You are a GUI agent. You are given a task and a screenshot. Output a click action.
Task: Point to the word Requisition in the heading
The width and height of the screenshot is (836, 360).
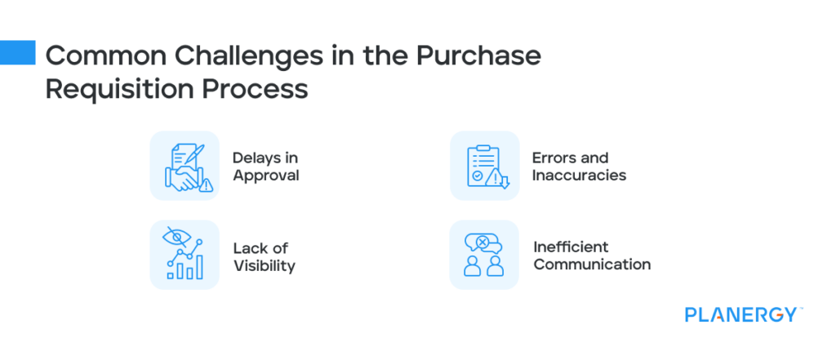point(123,89)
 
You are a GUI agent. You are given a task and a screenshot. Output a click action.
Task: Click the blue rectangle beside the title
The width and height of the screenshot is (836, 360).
point(17,52)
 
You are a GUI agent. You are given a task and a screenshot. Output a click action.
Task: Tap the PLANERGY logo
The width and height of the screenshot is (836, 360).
point(741,314)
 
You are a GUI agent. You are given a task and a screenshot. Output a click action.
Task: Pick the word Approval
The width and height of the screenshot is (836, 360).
point(266,175)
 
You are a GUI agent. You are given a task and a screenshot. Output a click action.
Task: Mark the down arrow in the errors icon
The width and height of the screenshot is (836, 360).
point(504,180)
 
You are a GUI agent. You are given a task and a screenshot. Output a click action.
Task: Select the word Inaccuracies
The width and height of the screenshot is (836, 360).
point(579,175)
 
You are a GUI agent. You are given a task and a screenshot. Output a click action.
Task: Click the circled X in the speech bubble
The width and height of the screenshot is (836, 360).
point(482,242)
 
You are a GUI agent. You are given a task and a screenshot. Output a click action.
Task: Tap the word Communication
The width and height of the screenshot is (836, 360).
point(592,264)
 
